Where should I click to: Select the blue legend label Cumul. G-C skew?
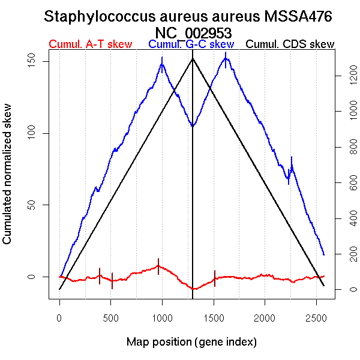coord(191,44)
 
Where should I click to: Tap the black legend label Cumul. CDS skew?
coord(290,44)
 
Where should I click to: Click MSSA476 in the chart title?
coord(298,17)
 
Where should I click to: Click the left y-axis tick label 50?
coord(41,205)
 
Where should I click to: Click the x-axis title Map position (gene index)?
coord(191,342)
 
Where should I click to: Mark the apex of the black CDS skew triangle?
coord(193,58)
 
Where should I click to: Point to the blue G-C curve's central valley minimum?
coord(192,126)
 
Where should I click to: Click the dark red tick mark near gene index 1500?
coord(215,278)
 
